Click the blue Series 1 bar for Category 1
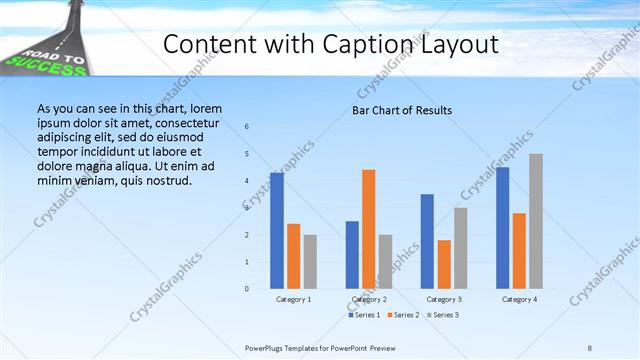pos(277,231)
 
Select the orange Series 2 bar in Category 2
pos(369,229)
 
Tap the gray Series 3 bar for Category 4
pos(536,221)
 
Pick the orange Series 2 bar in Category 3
pos(444,264)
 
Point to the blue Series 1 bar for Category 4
pos(502,228)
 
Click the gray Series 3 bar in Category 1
pos(310,262)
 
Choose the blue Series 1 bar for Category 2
pos(352,255)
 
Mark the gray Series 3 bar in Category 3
pos(461,248)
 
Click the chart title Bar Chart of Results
pos(402,110)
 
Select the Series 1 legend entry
pos(366,316)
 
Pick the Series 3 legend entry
pos(443,316)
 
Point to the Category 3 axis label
pos(444,299)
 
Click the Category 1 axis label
pos(293,299)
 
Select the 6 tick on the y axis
pos(247,126)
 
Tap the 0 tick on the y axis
pos(247,289)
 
